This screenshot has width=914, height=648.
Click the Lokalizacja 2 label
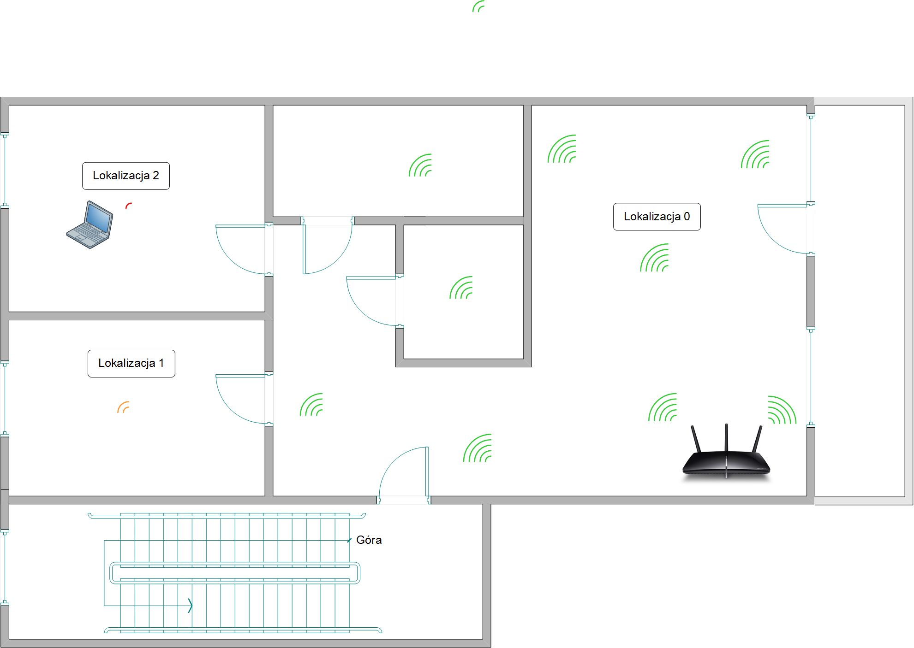(x=126, y=176)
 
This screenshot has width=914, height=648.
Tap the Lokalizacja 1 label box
(x=131, y=363)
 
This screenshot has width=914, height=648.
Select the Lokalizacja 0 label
(x=657, y=217)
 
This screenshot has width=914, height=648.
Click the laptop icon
(x=90, y=225)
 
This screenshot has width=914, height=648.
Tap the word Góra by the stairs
(x=369, y=540)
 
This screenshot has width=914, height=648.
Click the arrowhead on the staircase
(x=190, y=605)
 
